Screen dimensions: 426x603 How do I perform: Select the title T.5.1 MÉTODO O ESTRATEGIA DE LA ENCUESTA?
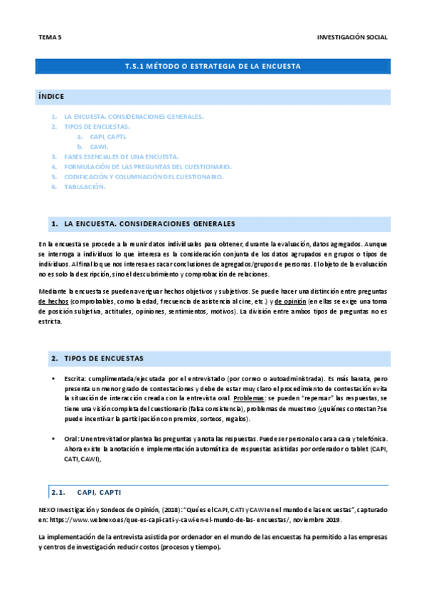click(213, 66)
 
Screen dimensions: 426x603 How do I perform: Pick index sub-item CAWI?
click(99, 146)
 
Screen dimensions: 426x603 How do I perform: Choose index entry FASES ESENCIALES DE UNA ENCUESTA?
click(121, 156)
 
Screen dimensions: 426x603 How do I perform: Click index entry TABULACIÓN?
click(85, 186)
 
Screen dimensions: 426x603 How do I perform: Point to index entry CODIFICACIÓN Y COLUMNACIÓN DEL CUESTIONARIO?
click(144, 176)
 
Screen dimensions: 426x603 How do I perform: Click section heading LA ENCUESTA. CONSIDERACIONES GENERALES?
click(149, 224)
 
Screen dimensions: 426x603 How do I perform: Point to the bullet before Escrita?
click(54, 380)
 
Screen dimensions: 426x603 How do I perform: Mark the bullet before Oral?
click(54, 439)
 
